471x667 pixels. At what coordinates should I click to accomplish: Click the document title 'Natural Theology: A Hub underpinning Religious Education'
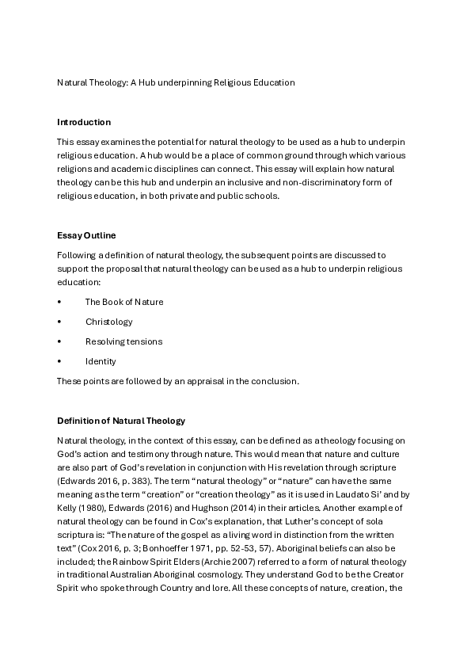176,82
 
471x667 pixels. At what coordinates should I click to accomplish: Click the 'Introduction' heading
84,122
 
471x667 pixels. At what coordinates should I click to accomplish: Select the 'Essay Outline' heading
87,235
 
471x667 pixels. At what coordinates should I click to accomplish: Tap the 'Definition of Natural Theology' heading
121,420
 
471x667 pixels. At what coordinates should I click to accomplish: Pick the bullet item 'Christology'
109,322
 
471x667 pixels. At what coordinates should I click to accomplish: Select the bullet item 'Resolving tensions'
123,341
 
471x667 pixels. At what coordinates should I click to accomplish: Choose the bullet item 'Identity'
101,361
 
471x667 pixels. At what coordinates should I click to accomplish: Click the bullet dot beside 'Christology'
59,322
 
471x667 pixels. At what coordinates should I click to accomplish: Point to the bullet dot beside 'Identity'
59,361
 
